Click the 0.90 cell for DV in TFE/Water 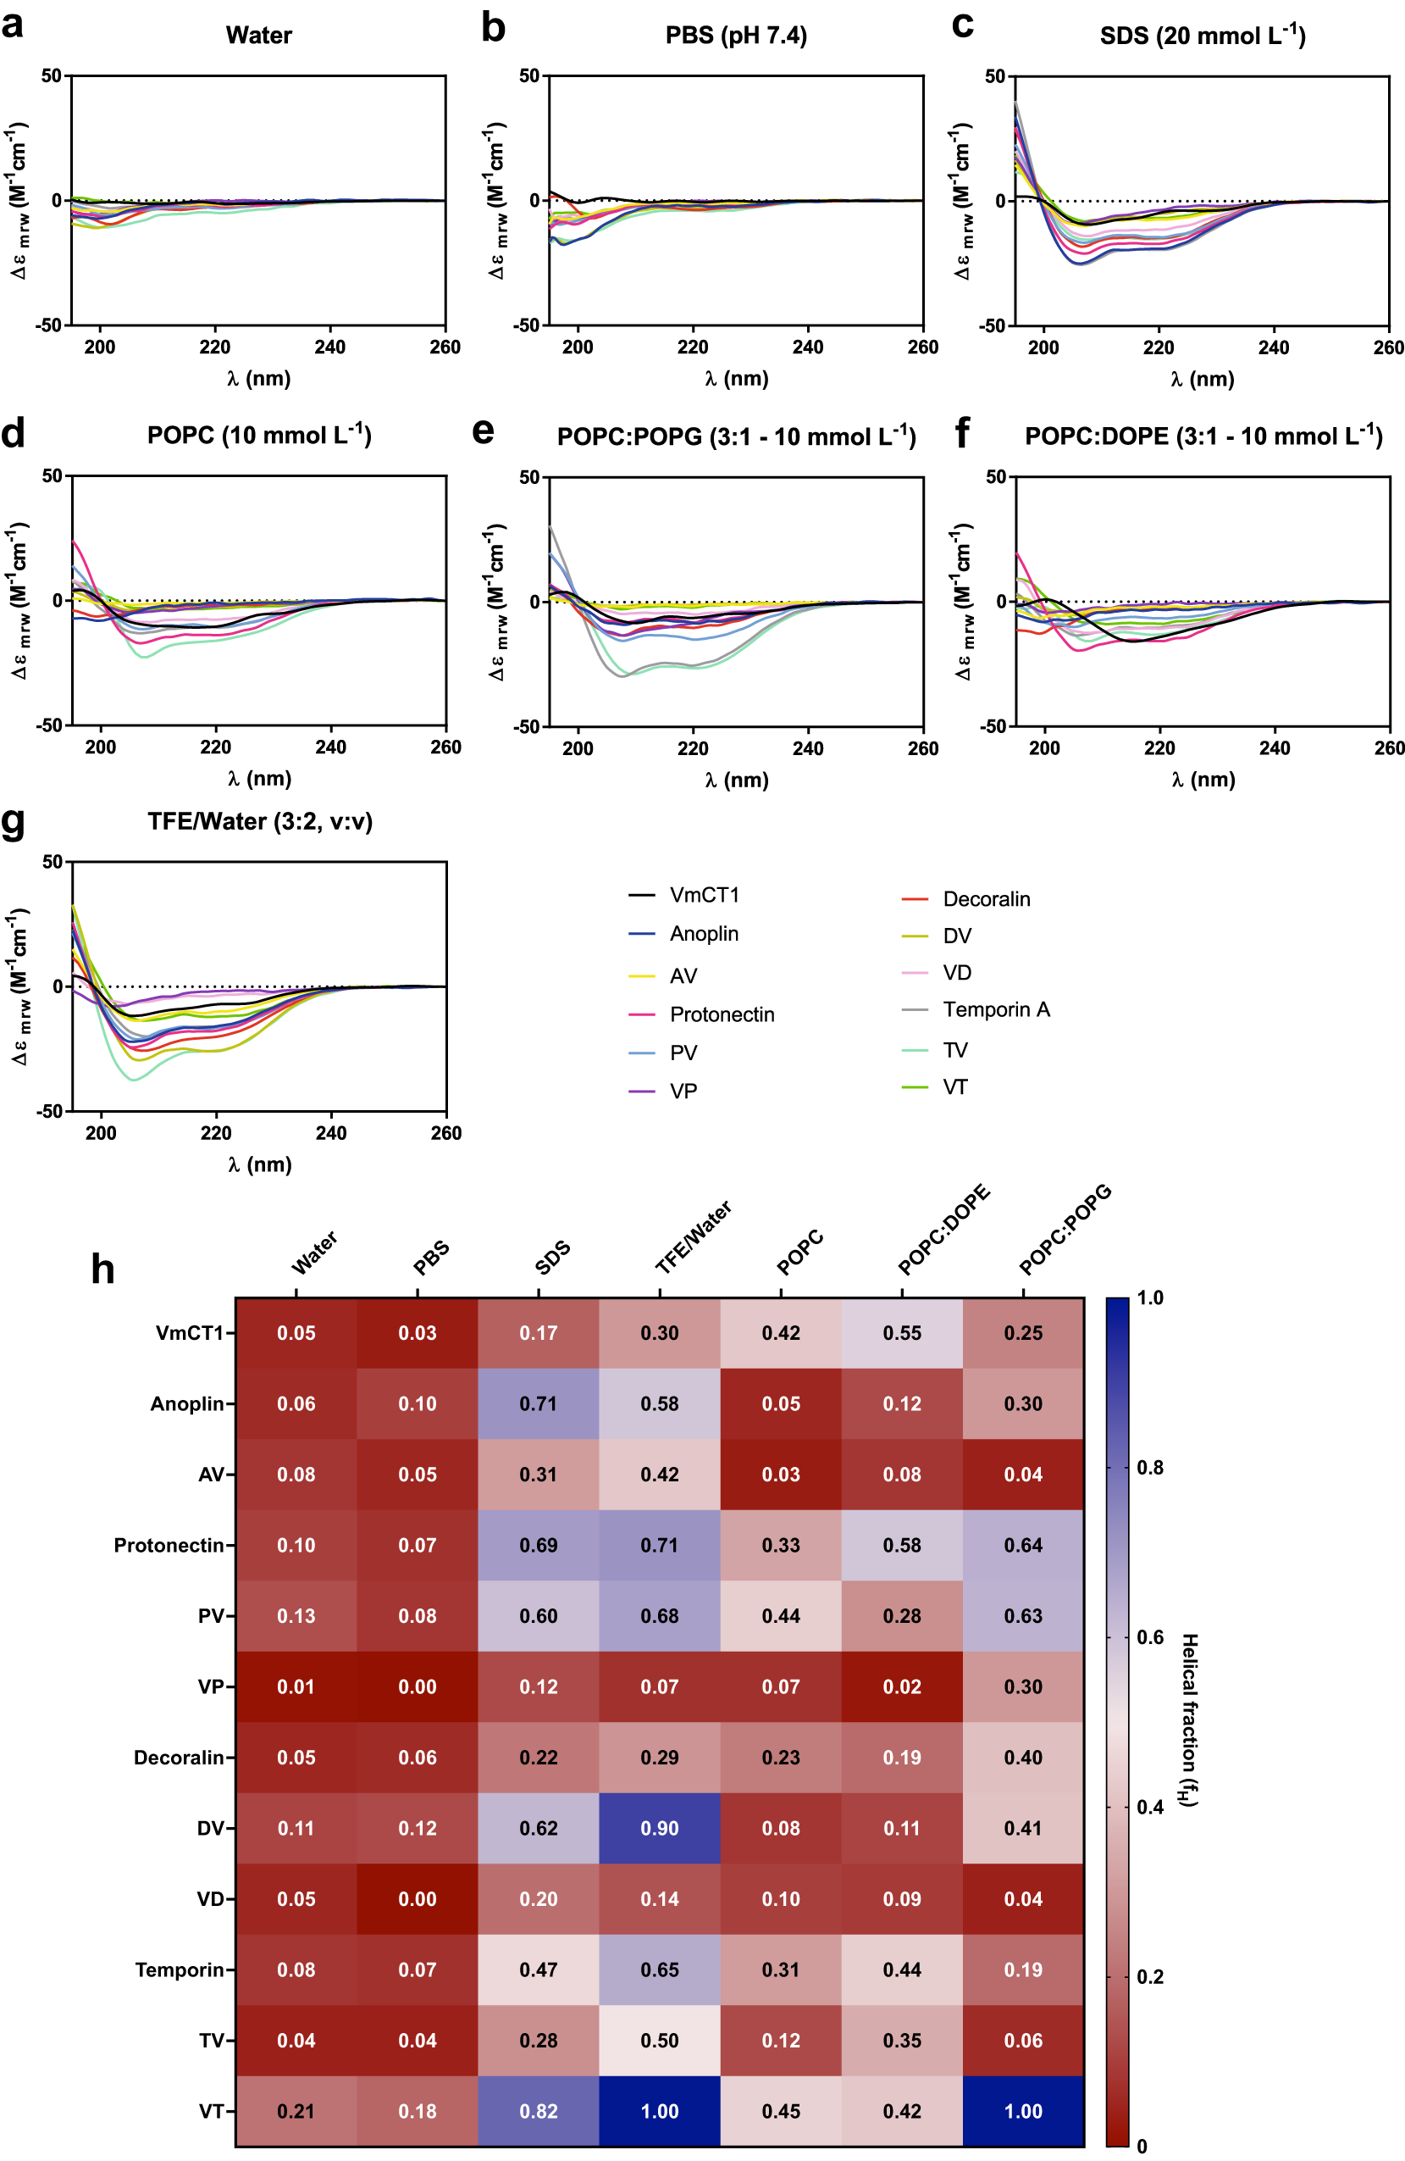tap(659, 1828)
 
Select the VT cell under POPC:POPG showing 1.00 tap(1023, 2111)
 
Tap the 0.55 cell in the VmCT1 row tap(901, 1333)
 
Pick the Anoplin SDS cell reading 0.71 tap(539, 1403)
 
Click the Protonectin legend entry tap(722, 1014)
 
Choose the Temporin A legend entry tap(996, 1009)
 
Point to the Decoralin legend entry tap(986, 899)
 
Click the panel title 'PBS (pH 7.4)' tap(735, 36)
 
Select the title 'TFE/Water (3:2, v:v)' tap(260, 822)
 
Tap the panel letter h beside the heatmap tap(102, 1269)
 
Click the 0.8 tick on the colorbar tap(1149, 1467)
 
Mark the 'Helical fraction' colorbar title tap(1189, 1719)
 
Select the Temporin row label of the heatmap tap(179, 1969)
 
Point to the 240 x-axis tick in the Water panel tap(329, 347)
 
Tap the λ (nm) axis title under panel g tap(260, 1164)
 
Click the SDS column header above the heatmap tap(552, 1258)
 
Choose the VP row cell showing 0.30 tap(1023, 1687)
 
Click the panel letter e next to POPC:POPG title tap(484, 431)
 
